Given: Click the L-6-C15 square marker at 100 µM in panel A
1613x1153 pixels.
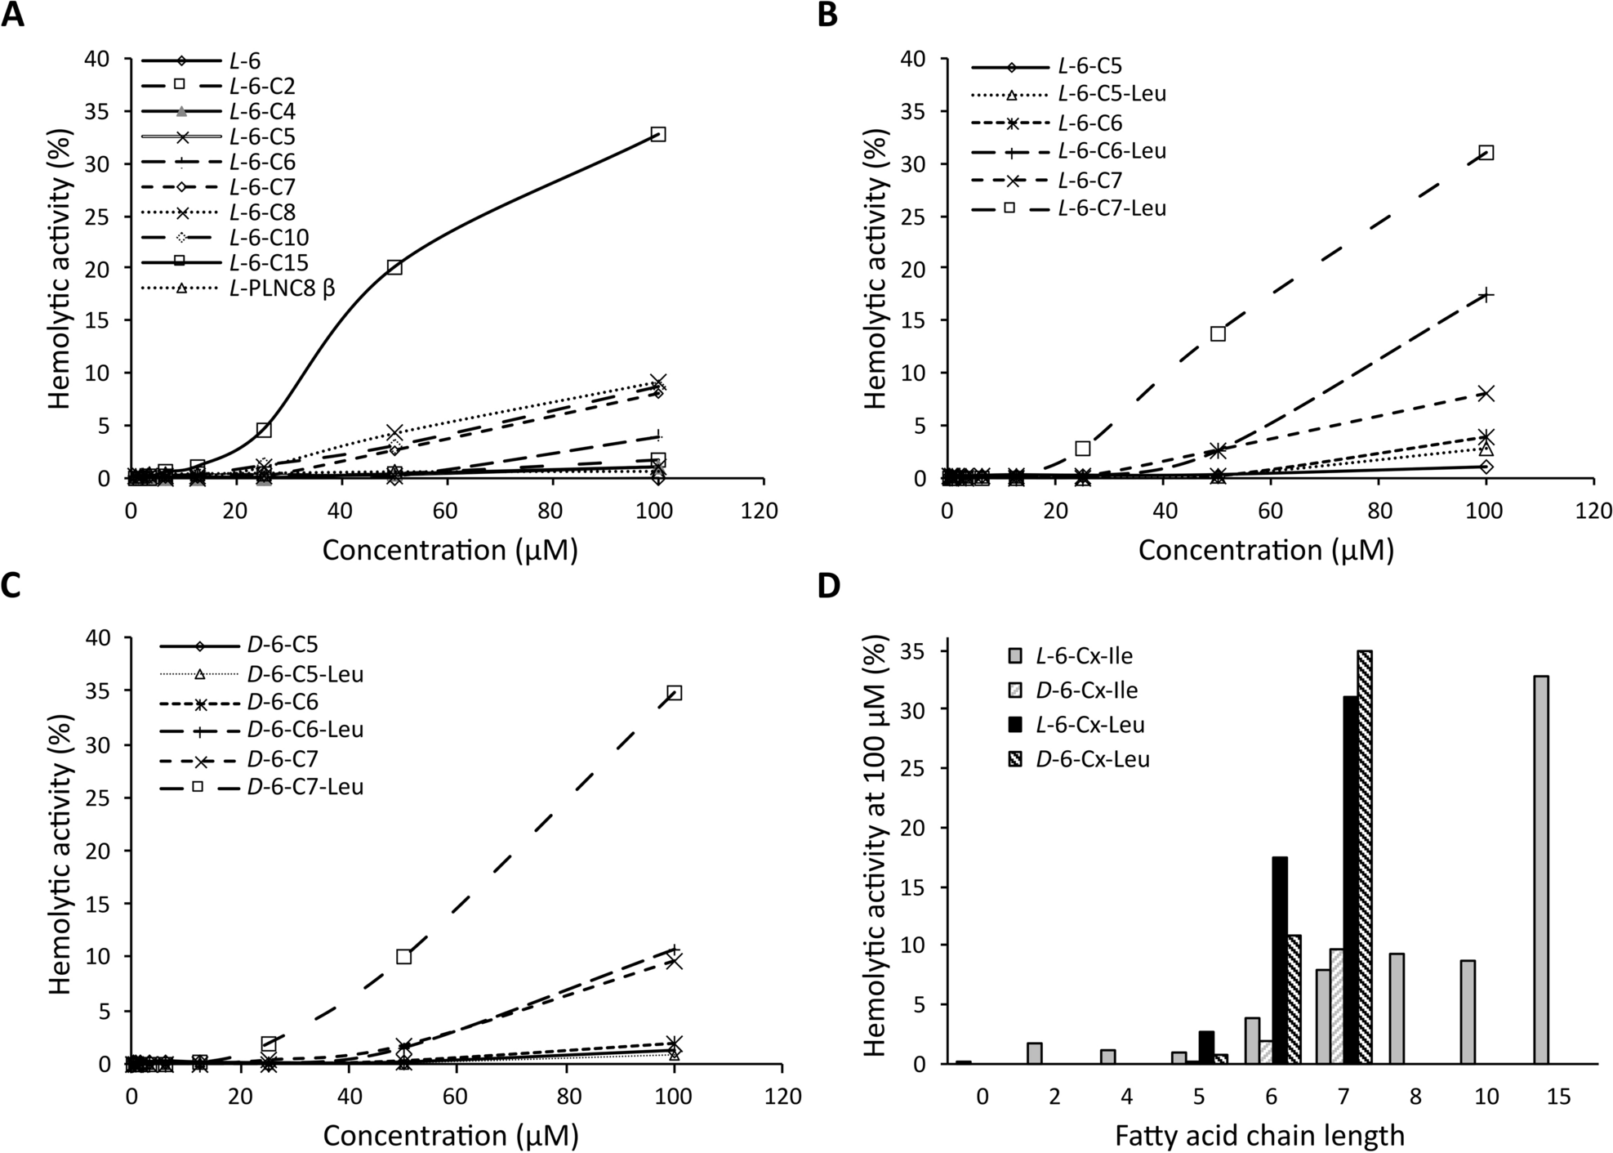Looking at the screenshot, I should [658, 134].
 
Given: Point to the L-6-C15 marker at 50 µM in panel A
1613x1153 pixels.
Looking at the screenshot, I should [394, 267].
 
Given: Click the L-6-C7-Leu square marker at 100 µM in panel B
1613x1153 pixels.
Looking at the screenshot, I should [1486, 153].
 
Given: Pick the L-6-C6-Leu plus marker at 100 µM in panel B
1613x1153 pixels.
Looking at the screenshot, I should [1486, 295].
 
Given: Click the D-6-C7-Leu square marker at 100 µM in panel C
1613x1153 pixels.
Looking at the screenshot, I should [675, 693].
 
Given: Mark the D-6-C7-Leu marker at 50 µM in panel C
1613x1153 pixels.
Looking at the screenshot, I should [403, 956].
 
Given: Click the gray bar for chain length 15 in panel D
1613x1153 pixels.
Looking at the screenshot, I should [1541, 869].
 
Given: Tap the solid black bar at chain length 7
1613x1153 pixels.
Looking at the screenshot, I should [1349, 879].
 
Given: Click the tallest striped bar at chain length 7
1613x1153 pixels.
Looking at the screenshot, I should [1365, 858].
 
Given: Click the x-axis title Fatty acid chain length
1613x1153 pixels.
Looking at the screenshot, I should [1259, 1136].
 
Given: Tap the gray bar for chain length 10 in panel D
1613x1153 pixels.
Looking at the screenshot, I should [1468, 1012].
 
